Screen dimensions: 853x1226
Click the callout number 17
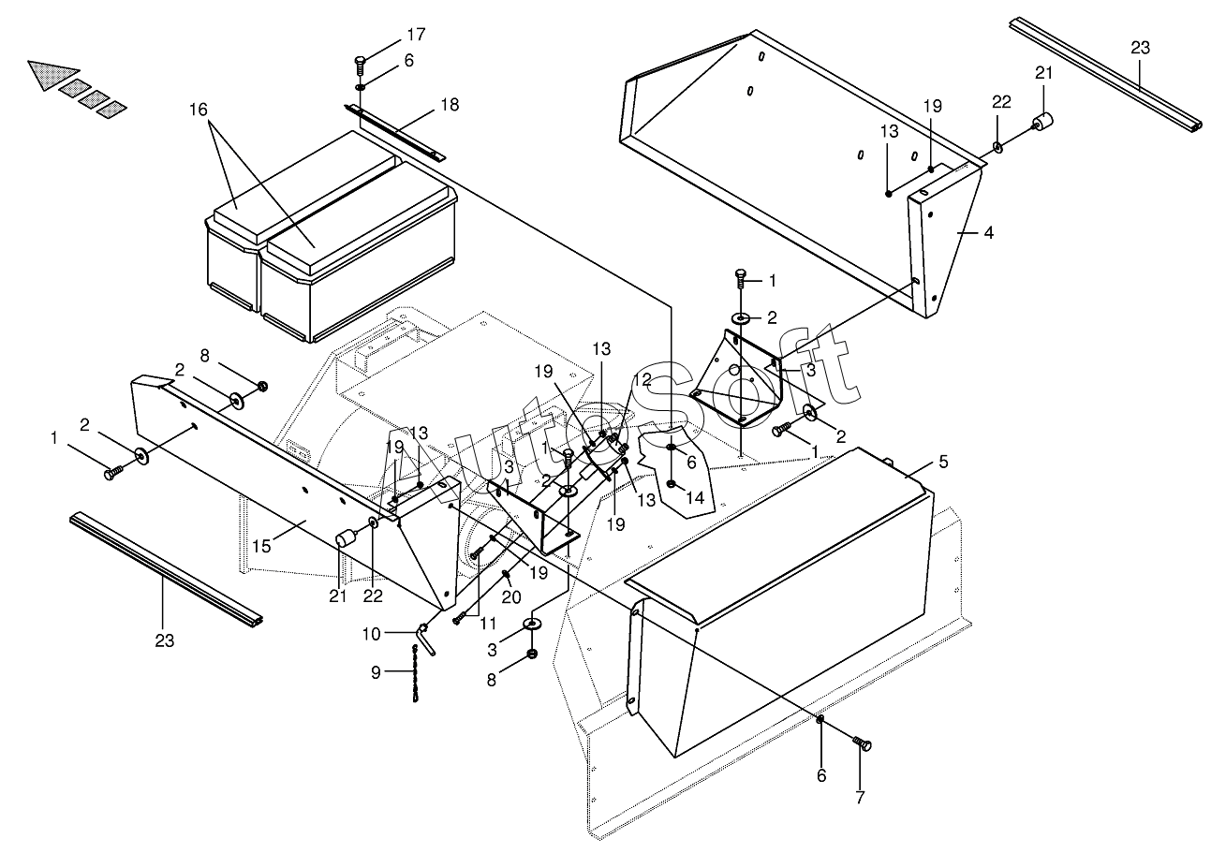(x=416, y=35)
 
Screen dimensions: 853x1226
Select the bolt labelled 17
(x=361, y=65)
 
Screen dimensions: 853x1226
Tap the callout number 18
(x=450, y=105)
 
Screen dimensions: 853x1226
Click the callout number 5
(x=943, y=462)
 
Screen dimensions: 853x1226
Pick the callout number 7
(x=860, y=798)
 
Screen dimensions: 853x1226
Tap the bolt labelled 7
(x=864, y=744)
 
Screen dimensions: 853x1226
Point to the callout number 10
(x=372, y=634)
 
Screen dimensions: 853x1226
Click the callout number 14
(x=694, y=498)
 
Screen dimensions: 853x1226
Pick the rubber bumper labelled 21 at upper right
(x=1042, y=124)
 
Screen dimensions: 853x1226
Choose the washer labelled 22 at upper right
(x=999, y=147)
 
